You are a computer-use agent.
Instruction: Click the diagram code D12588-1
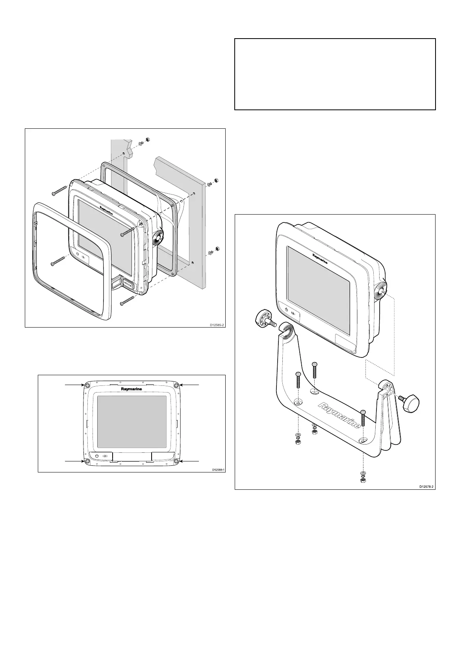click(218, 470)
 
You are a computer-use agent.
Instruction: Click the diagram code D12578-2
click(427, 487)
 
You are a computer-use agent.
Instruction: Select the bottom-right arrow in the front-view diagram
click(189, 461)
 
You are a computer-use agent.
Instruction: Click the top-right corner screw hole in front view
click(176, 385)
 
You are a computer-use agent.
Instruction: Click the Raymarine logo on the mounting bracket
click(339, 415)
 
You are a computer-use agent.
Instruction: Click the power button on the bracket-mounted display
click(286, 309)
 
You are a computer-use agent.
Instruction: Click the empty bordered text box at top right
click(335, 74)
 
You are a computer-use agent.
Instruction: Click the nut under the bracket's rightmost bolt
click(363, 480)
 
